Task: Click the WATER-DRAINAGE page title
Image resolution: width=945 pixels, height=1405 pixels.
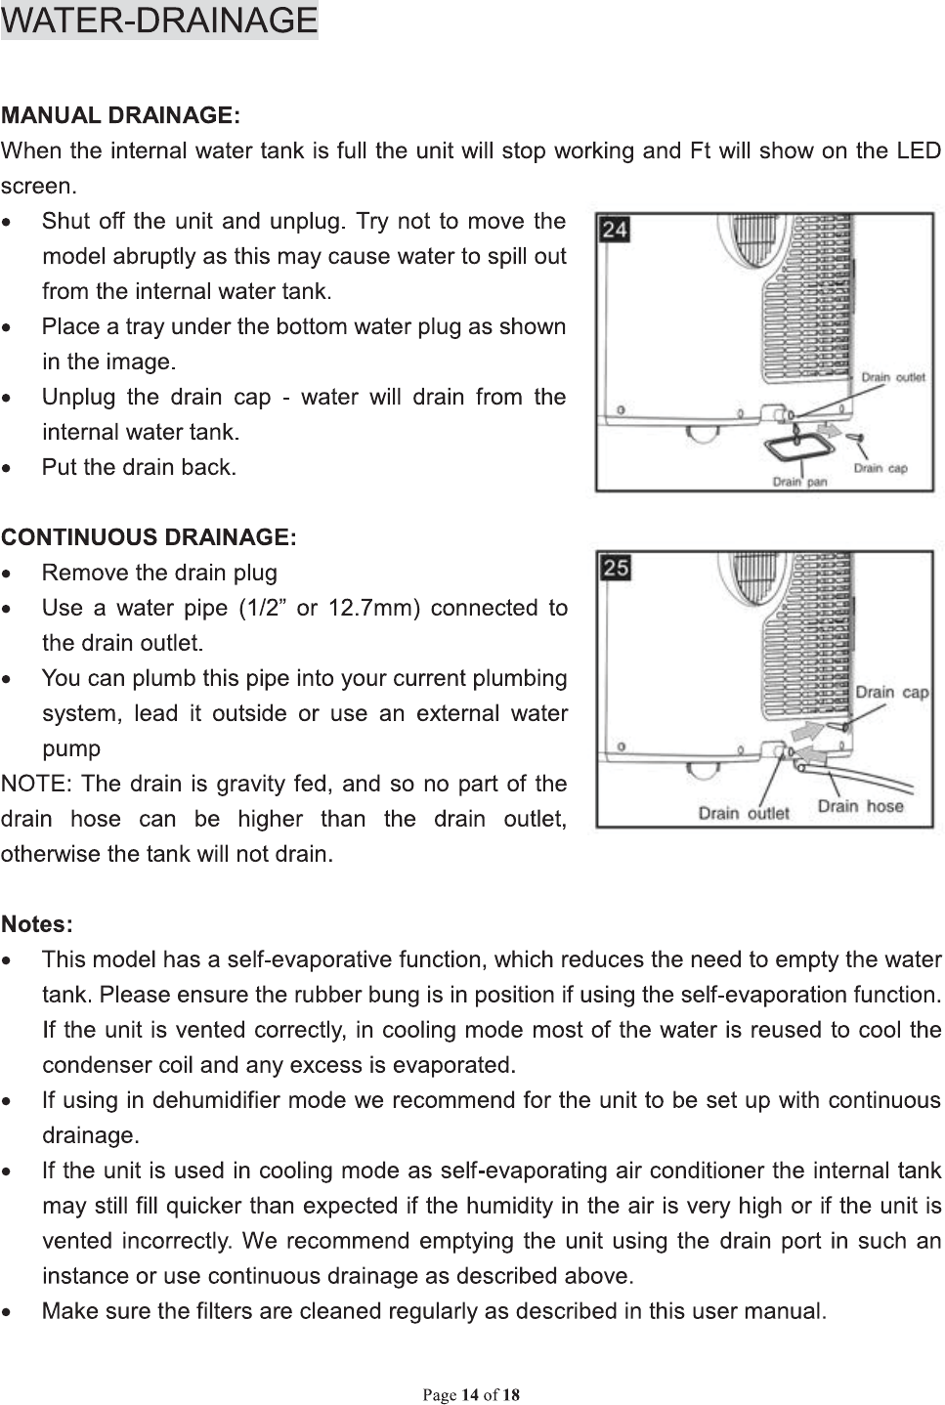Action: (x=159, y=20)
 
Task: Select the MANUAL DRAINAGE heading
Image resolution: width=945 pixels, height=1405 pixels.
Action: (x=120, y=116)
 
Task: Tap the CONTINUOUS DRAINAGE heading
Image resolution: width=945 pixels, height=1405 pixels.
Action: (x=149, y=537)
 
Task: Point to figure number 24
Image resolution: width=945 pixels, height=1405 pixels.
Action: (x=615, y=231)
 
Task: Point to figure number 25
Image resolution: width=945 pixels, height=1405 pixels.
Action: (x=615, y=567)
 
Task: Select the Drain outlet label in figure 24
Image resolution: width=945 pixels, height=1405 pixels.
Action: (x=893, y=377)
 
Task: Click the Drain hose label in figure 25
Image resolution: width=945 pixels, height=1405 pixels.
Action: (x=860, y=807)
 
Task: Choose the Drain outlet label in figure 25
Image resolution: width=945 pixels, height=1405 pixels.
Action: (x=744, y=813)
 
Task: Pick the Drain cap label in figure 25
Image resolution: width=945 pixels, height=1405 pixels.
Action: (x=891, y=692)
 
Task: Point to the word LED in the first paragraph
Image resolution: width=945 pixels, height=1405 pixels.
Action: (x=918, y=151)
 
